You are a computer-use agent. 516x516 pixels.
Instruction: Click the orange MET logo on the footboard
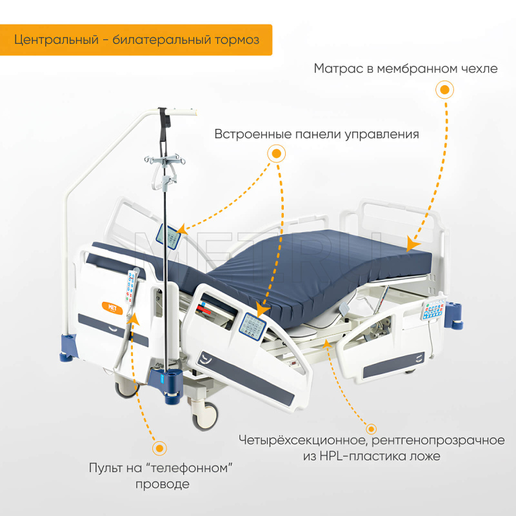112,308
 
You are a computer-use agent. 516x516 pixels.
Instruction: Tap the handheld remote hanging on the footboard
132,286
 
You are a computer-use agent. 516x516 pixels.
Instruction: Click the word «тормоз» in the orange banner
237,40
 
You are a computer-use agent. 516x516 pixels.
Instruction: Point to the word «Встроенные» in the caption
253,134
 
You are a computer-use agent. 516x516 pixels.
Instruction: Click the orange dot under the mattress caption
444,90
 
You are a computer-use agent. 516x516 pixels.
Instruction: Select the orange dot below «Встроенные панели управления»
276,154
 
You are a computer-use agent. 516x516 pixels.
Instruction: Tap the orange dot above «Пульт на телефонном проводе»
159,448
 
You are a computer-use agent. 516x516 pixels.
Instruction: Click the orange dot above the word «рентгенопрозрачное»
372,429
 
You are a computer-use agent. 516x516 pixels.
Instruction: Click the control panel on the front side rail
252,326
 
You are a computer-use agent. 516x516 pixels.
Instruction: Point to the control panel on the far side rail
168,237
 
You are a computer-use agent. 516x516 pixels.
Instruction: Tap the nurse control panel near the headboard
433,309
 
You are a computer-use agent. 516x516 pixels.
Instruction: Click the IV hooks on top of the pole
165,160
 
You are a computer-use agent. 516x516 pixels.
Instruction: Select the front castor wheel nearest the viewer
205,416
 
